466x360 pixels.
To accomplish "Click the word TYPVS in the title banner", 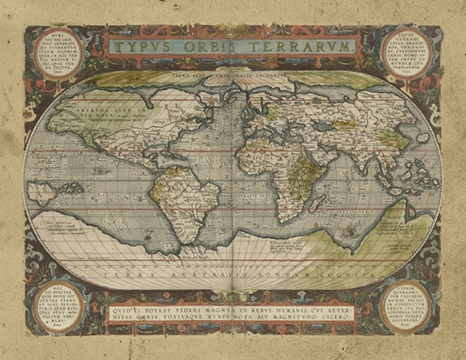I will (x=145, y=46).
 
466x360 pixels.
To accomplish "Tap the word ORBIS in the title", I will (x=216, y=46).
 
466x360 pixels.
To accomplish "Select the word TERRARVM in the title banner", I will (x=304, y=46).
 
